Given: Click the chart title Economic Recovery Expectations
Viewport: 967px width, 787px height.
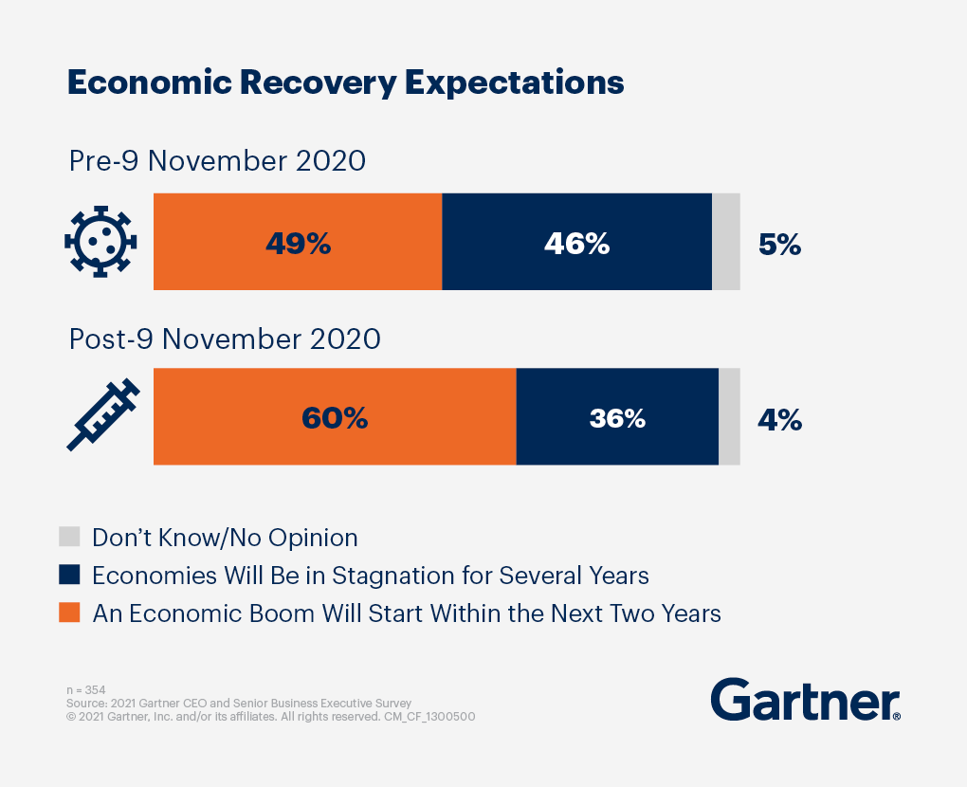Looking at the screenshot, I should pyautogui.click(x=345, y=83).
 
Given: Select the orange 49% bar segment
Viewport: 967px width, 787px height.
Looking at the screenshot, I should pyautogui.click(x=298, y=242).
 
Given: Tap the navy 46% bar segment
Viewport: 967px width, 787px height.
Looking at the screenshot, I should pyautogui.click(x=576, y=242).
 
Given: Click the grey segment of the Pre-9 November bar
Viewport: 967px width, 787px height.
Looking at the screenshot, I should pyautogui.click(x=725, y=242).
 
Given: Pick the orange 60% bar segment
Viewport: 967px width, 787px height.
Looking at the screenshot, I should pyautogui.click(x=334, y=417).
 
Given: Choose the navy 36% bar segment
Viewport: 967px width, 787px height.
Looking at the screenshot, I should pyautogui.click(x=617, y=417).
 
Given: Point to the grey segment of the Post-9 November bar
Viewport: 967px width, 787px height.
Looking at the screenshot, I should pyautogui.click(x=729, y=417).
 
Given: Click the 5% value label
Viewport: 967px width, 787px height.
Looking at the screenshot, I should pyautogui.click(x=779, y=245).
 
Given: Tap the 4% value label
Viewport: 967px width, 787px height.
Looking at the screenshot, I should pyautogui.click(x=779, y=419).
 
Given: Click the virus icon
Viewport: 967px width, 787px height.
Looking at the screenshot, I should pyautogui.click(x=100, y=241).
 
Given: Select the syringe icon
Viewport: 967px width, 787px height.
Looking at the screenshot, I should pyautogui.click(x=102, y=415).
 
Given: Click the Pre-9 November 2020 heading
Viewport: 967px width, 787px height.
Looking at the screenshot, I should pyautogui.click(x=217, y=161).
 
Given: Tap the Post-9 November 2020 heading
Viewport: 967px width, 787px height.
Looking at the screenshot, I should pyautogui.click(x=225, y=339).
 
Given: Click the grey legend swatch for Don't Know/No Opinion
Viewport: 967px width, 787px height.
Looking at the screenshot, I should pyautogui.click(x=69, y=538).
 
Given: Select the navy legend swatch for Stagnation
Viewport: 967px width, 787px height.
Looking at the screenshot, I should pyautogui.click(x=69, y=576).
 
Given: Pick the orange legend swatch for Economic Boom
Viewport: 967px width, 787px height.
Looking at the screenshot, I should pyautogui.click(x=69, y=613).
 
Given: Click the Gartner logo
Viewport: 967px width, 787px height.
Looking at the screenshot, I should pyautogui.click(x=805, y=701).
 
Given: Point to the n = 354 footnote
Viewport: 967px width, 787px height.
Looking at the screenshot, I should pyautogui.click(x=86, y=690).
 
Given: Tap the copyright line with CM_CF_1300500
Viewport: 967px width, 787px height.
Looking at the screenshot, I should pyautogui.click(x=270, y=717).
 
